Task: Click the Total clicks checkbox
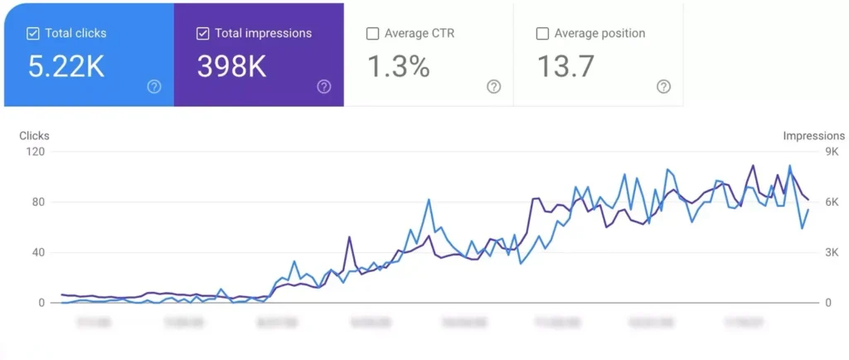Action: (x=33, y=34)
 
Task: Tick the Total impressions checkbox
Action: (x=202, y=34)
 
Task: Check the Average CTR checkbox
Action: (x=372, y=34)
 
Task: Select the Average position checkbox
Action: (x=542, y=34)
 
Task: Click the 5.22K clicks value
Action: (x=66, y=67)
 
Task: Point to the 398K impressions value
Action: (x=231, y=67)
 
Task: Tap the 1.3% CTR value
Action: (x=398, y=67)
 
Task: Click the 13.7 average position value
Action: (x=565, y=67)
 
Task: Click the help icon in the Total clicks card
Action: (x=154, y=86)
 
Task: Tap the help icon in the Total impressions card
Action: (x=324, y=86)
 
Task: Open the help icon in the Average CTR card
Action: (x=494, y=86)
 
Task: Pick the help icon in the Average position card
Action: (x=663, y=86)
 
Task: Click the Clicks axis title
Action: (x=34, y=136)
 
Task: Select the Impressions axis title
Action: (x=813, y=136)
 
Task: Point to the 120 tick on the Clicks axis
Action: (x=35, y=152)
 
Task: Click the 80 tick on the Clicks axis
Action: (x=37, y=202)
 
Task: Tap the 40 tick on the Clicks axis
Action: (x=37, y=253)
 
